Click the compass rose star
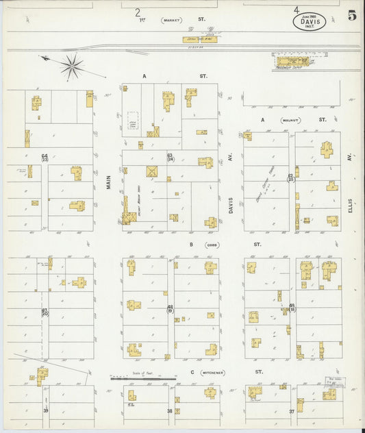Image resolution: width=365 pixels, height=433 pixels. pos(71,66)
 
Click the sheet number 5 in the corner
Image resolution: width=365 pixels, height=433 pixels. pos(351,16)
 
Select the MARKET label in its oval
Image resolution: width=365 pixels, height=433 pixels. pos(171,21)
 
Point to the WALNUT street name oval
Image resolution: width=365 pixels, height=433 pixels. pos(290,119)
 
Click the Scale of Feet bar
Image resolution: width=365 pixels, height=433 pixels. pos(143,378)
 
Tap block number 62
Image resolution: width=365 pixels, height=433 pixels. pos(290,177)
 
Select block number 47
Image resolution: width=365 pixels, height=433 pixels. pos(45,311)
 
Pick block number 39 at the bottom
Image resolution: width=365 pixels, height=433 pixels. pos(46,410)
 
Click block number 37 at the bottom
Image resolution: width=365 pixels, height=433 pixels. pos(291,411)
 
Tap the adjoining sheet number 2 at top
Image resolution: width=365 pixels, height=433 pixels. pos(138,12)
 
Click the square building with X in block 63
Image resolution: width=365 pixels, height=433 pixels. pos(151,171)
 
